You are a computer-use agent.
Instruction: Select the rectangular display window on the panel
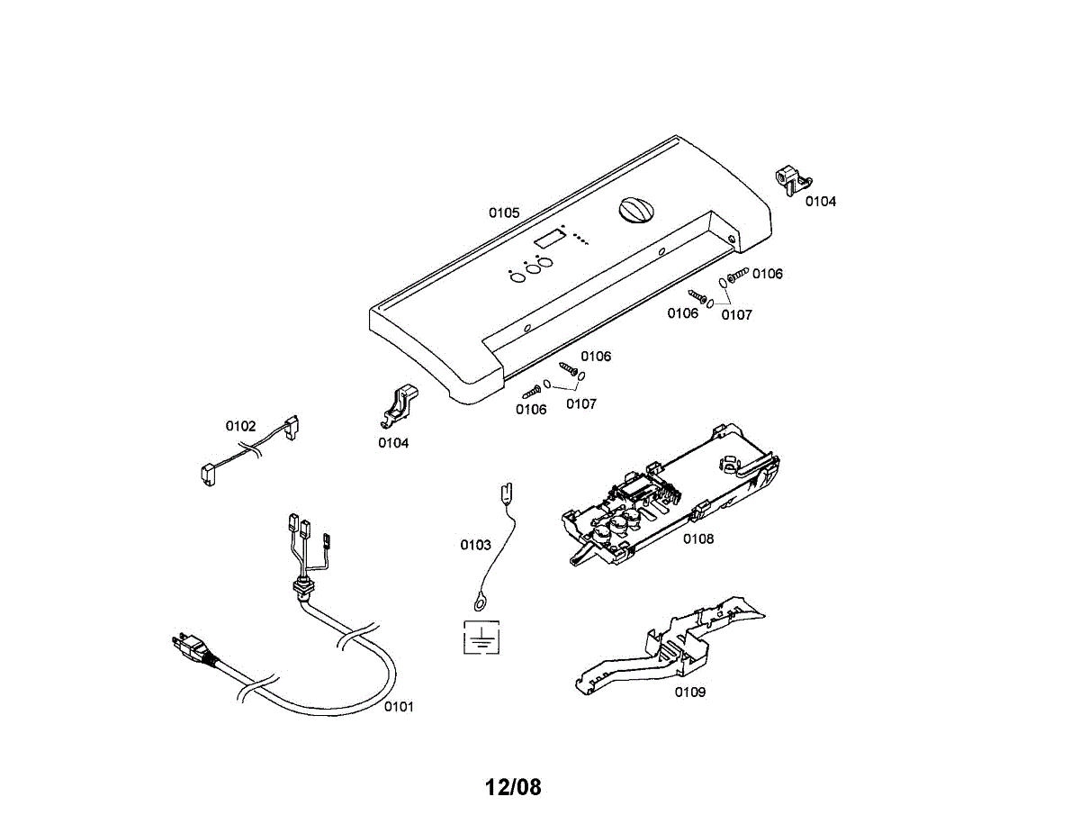pos(549,240)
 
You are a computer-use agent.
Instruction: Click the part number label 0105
pos(504,213)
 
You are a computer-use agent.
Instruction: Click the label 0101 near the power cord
pos(399,707)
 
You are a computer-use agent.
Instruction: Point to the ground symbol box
pos(481,638)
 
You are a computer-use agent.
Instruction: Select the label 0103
pos(475,545)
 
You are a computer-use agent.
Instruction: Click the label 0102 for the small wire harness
pos(240,426)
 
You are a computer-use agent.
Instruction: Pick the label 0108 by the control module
pos(698,539)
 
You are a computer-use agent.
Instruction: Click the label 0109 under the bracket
pos(690,693)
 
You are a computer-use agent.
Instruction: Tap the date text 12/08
pos(513,787)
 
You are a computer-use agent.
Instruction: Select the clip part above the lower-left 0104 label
pos(399,405)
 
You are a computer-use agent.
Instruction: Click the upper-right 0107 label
pos(737,315)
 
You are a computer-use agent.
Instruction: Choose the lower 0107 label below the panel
pos(581,404)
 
